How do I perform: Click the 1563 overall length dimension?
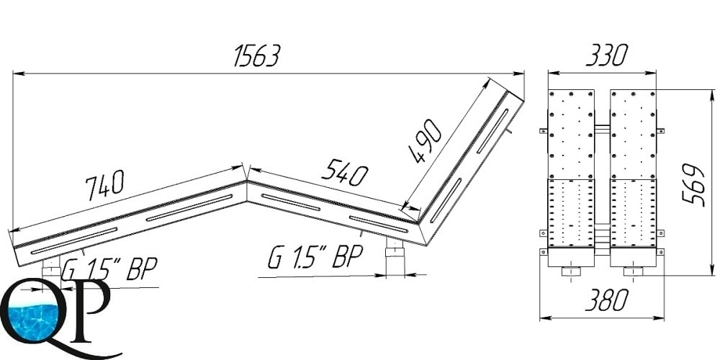pos(256,56)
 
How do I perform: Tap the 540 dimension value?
pos(344,172)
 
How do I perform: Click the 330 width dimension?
pos(606,55)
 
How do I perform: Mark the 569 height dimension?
pos(693,184)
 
